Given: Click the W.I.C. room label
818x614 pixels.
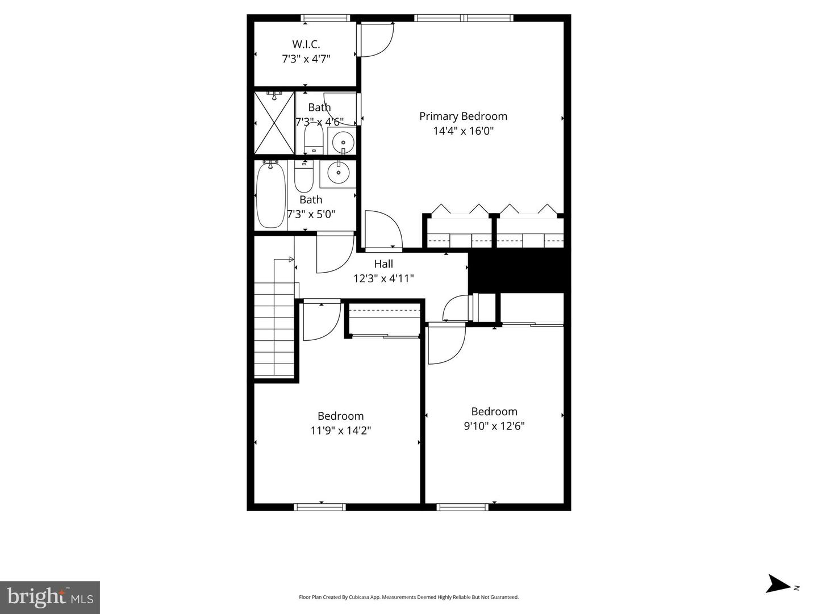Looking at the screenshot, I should (306, 44).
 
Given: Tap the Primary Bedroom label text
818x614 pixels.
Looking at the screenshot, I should (463, 116).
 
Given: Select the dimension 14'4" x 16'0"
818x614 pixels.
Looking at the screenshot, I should (463, 131).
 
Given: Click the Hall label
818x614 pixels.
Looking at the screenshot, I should (383, 264).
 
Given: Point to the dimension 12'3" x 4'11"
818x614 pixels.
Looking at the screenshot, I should (383, 278).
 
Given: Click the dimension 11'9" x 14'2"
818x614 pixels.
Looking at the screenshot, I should (340, 431).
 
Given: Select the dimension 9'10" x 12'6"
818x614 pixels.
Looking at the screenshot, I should (494, 426).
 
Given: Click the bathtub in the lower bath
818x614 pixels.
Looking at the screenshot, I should (270, 195).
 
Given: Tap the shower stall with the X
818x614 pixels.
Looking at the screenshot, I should (274, 123).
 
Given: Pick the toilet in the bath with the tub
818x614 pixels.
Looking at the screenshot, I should (303, 177).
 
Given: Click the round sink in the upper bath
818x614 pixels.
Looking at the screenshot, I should (343, 140).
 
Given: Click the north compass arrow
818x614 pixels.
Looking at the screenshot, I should (778, 584).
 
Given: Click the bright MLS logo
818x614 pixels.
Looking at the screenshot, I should (50, 598).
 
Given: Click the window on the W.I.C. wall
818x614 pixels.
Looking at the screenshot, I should (327, 18).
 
